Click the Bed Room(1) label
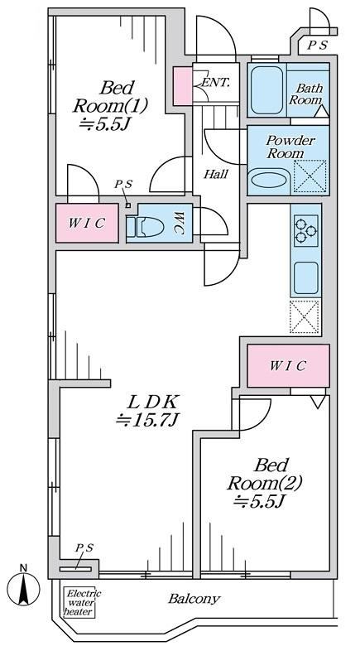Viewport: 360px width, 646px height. tap(110, 106)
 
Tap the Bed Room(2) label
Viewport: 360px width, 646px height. tap(264, 483)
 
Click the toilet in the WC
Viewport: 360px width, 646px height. tap(145, 227)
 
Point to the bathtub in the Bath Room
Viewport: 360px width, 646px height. tap(266, 89)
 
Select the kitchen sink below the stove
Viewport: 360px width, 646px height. tap(305, 277)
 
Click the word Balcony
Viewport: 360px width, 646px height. tap(194, 599)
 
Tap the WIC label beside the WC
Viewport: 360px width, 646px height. tap(87, 224)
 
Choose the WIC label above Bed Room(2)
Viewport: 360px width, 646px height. tap(287, 365)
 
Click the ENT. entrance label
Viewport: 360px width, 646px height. tap(214, 82)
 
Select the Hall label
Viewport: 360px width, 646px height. tap(216, 174)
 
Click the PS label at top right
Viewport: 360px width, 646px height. tap(317, 45)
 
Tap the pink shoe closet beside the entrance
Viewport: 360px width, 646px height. tap(182, 86)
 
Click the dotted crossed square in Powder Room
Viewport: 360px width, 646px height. tap(310, 176)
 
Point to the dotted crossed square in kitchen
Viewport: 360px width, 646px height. tap(305, 316)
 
